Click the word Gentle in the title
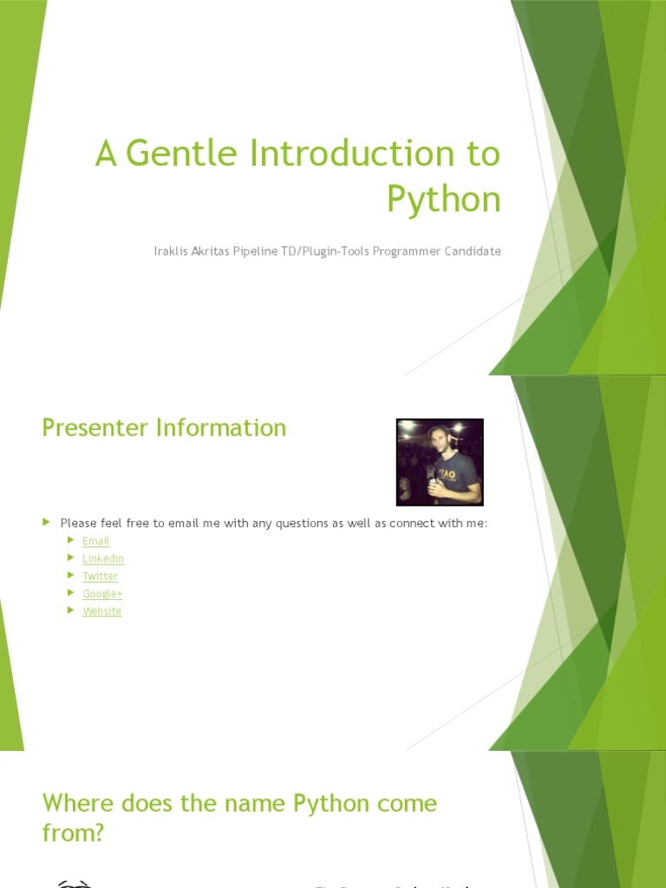coord(181,154)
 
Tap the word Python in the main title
coord(443,199)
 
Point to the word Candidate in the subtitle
coord(471,251)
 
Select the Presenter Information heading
coord(164,428)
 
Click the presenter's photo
coord(440,462)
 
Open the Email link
coord(95,541)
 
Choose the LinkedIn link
coord(103,558)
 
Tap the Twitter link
coord(100,576)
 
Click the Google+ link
coord(102,594)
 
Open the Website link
coord(101,611)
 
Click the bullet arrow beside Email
coord(71,540)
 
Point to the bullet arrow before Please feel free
coord(47,522)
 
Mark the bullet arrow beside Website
coord(71,610)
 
